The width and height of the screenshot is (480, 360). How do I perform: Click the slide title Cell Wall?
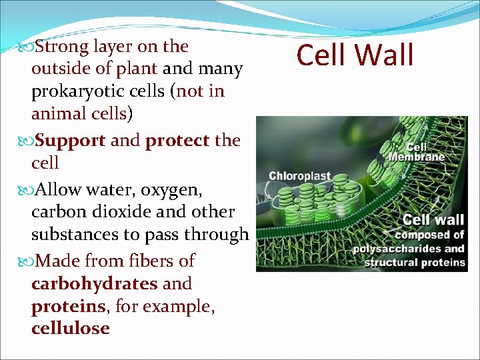coord(355,55)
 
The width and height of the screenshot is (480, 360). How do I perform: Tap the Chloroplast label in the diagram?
coord(299,177)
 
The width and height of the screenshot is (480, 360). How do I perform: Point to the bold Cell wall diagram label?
coord(433,219)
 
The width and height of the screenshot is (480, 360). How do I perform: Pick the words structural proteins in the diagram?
coord(414,262)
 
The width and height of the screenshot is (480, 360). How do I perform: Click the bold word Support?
coord(69,141)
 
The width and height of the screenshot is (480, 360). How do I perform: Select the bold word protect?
coord(177,141)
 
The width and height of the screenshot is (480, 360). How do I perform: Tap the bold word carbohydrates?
coord(94,283)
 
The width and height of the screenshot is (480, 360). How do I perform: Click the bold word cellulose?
coord(70,329)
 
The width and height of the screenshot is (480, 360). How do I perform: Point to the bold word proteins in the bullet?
coord(59,306)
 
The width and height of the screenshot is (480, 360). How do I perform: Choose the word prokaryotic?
coord(83,91)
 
